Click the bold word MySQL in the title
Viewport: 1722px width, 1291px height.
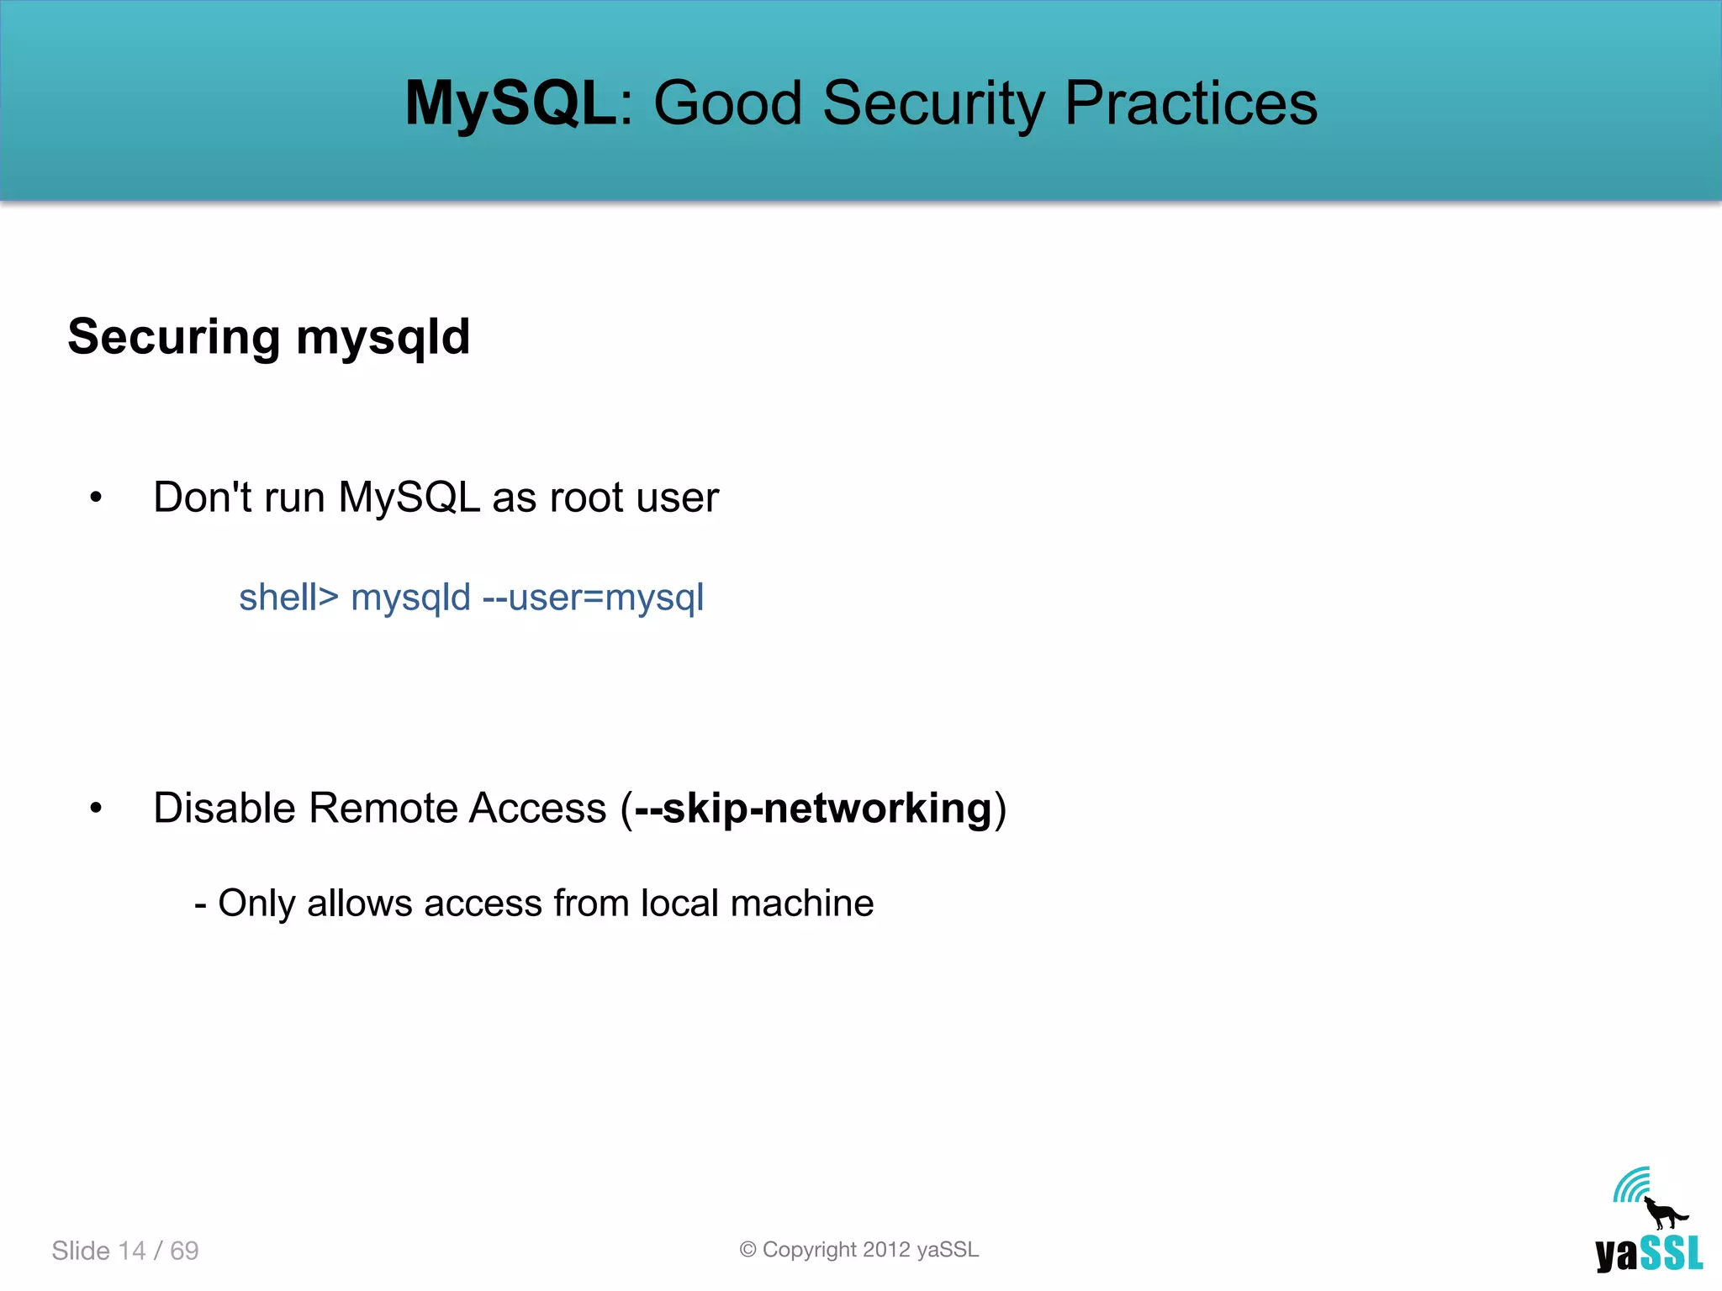coord(510,103)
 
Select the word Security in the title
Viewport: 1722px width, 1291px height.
coord(933,103)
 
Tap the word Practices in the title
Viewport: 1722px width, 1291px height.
coord(1191,103)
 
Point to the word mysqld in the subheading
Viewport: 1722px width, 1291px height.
coord(383,337)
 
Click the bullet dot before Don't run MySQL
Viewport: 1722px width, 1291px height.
coord(96,498)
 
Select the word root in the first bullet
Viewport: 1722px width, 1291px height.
coord(586,498)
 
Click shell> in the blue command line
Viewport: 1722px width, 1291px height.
coord(288,598)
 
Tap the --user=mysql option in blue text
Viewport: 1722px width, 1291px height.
coord(593,598)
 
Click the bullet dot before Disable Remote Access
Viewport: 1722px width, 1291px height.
coord(96,809)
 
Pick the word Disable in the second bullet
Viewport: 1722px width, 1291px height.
coord(224,809)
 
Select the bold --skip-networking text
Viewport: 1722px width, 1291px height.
coord(813,809)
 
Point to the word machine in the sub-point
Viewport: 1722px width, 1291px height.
coord(802,904)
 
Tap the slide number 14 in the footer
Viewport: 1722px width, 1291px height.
coord(132,1251)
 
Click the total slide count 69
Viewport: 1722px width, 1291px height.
coord(184,1251)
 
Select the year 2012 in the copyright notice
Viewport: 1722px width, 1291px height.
coord(886,1250)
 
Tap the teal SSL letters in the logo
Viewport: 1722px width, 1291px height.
coord(1672,1254)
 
